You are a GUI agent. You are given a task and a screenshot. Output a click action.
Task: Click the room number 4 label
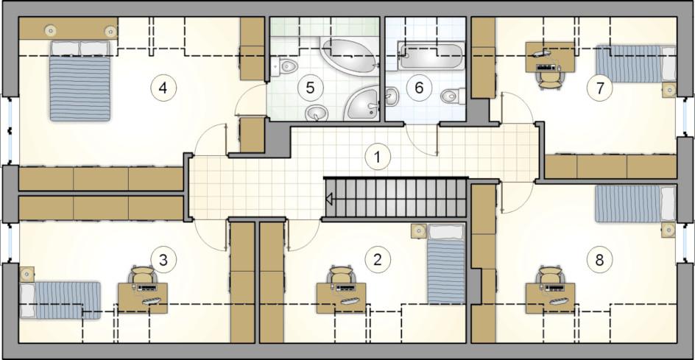(163, 88)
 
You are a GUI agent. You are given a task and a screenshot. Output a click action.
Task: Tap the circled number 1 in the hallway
(378, 157)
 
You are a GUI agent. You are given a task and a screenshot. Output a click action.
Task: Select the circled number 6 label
(419, 88)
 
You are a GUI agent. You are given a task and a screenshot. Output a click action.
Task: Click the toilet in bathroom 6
(453, 95)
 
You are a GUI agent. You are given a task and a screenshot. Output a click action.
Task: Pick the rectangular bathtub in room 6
(431, 55)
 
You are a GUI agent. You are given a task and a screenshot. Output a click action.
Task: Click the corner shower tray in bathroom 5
(361, 103)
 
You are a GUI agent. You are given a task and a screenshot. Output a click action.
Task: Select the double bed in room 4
(80, 81)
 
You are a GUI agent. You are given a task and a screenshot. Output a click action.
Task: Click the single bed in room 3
(60, 300)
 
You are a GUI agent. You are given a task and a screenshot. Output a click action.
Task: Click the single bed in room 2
(446, 264)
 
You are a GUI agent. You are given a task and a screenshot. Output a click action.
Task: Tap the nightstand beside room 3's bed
(27, 274)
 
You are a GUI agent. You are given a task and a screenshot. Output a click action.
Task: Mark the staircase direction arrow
(329, 200)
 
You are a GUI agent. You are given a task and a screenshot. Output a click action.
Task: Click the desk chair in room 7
(548, 80)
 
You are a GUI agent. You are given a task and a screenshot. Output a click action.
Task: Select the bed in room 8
(635, 203)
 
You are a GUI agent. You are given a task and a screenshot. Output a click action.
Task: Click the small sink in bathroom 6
(391, 96)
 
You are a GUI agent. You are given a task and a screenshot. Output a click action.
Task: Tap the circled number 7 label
(599, 88)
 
